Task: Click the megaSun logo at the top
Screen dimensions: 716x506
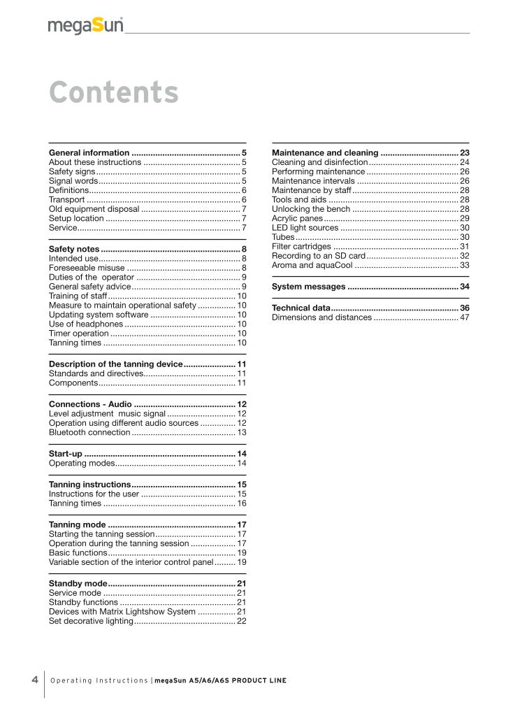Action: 86,26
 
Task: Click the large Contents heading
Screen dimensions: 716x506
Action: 114,92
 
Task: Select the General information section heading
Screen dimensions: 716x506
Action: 89,152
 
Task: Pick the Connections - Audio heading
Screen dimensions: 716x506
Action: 90,404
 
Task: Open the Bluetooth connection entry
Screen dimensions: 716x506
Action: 89,433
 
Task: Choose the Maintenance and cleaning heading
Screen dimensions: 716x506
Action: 325,152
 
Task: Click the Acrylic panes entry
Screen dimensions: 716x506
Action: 297,219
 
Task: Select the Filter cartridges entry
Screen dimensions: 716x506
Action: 301,246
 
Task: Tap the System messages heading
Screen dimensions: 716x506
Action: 308,287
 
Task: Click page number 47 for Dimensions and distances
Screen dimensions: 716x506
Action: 464,317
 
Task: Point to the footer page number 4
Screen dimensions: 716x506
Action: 35,680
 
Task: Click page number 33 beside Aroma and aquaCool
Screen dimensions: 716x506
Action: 464,265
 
